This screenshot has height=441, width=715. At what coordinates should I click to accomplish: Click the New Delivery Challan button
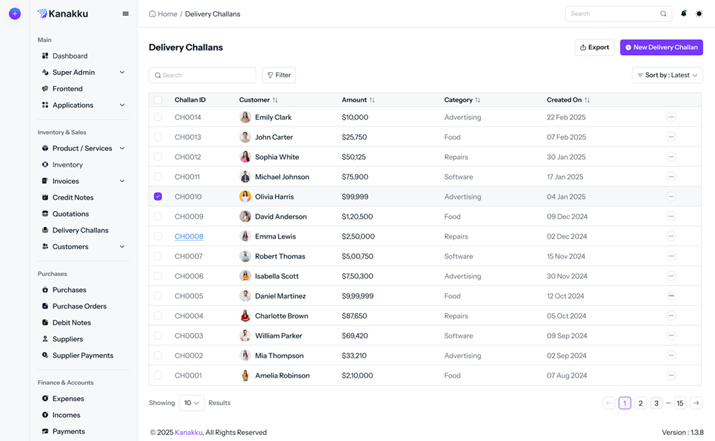[661, 48]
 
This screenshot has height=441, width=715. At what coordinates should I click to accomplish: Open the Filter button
[279, 75]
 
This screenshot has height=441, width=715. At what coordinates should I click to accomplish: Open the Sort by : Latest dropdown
[667, 75]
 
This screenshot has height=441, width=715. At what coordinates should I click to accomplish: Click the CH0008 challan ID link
[189, 237]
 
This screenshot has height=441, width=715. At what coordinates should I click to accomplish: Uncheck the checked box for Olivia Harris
[158, 197]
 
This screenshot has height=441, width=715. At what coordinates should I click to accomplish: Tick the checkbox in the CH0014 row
[158, 117]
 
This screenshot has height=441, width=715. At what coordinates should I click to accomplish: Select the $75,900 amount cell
[355, 177]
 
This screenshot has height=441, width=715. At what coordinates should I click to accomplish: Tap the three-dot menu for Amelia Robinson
[671, 375]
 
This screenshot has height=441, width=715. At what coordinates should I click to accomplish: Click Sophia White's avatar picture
[245, 157]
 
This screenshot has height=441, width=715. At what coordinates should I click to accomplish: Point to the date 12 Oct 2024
[565, 296]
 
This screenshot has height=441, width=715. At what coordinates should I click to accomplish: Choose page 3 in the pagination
[656, 403]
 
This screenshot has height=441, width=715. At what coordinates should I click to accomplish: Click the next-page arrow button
[696, 403]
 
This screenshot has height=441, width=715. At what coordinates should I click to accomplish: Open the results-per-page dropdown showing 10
[192, 403]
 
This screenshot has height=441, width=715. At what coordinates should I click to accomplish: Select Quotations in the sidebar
[70, 214]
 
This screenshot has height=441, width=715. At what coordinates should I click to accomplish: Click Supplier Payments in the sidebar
[82, 356]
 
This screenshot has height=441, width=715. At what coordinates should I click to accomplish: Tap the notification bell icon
[683, 14]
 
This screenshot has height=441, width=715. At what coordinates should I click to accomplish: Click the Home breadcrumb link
[167, 14]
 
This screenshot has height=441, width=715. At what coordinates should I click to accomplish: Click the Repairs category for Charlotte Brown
[456, 316]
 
